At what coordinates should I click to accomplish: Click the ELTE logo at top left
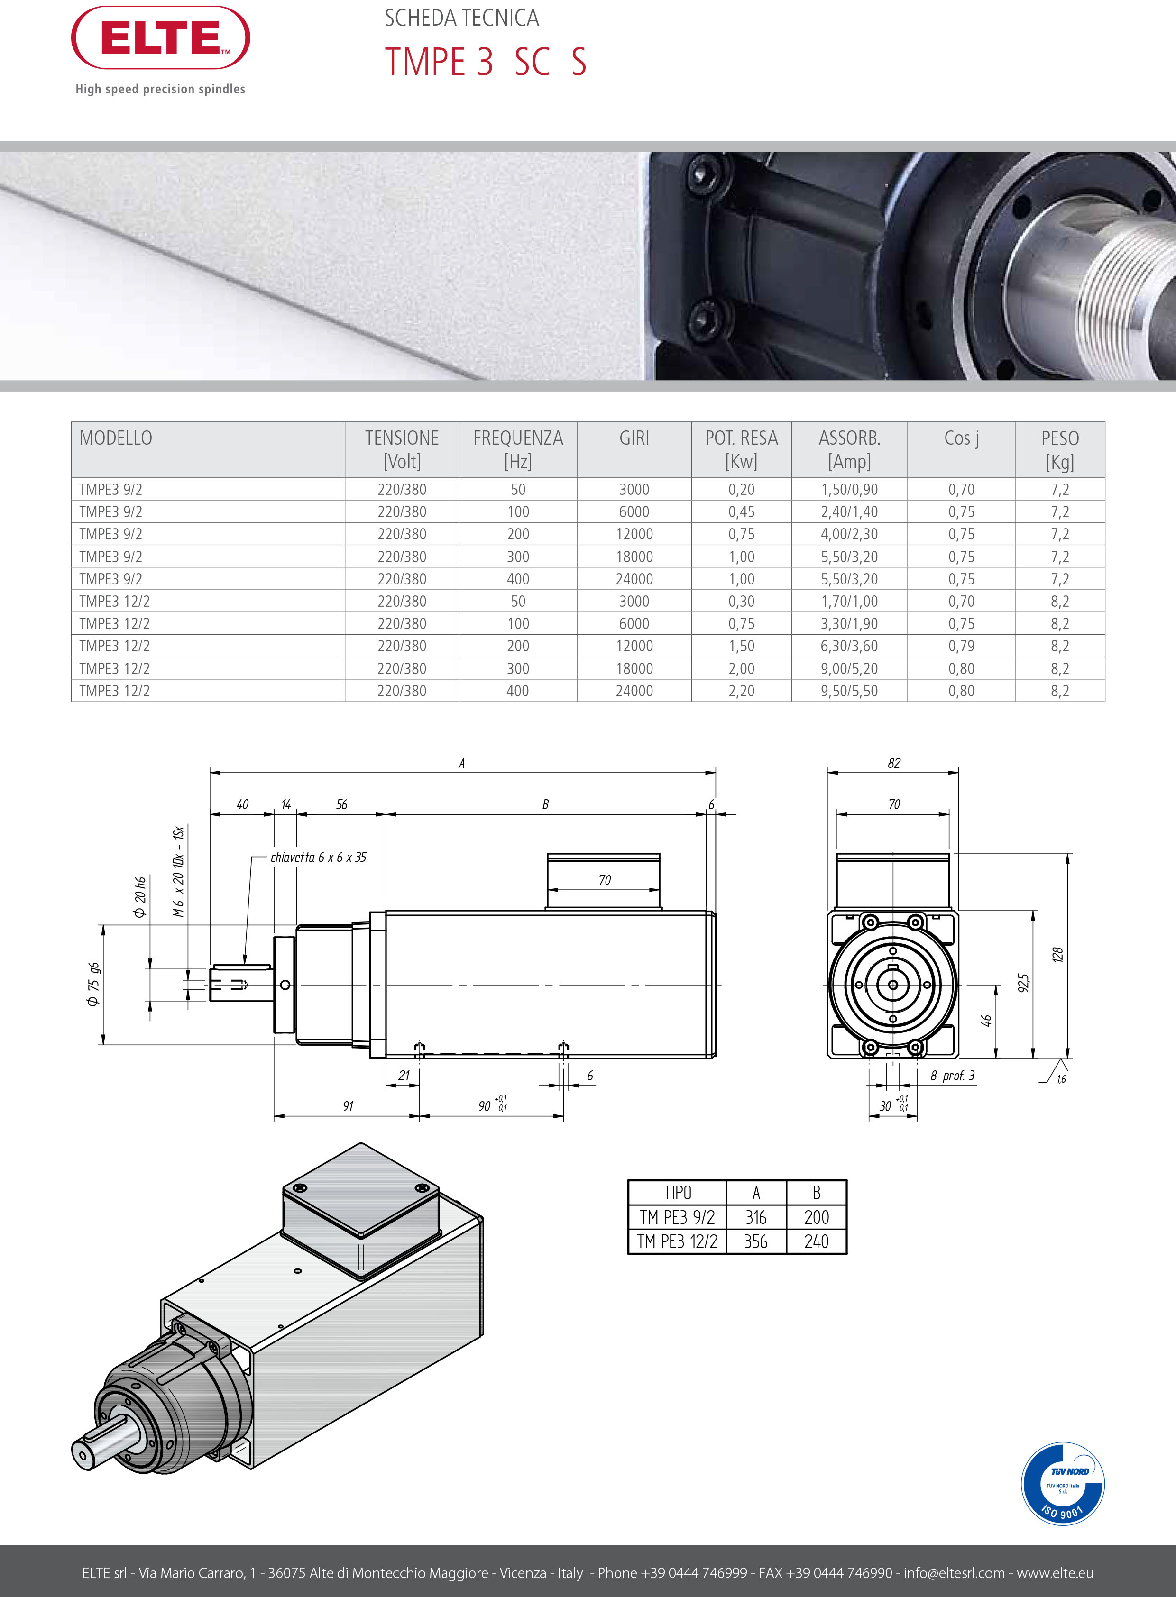click(x=160, y=38)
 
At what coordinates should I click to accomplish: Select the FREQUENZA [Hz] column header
click(x=518, y=449)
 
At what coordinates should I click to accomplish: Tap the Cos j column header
click(x=961, y=438)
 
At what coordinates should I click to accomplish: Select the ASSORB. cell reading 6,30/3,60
click(x=849, y=646)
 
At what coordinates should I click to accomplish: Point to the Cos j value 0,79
click(x=961, y=646)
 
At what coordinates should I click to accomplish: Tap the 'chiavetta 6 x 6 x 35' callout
click(x=318, y=857)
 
